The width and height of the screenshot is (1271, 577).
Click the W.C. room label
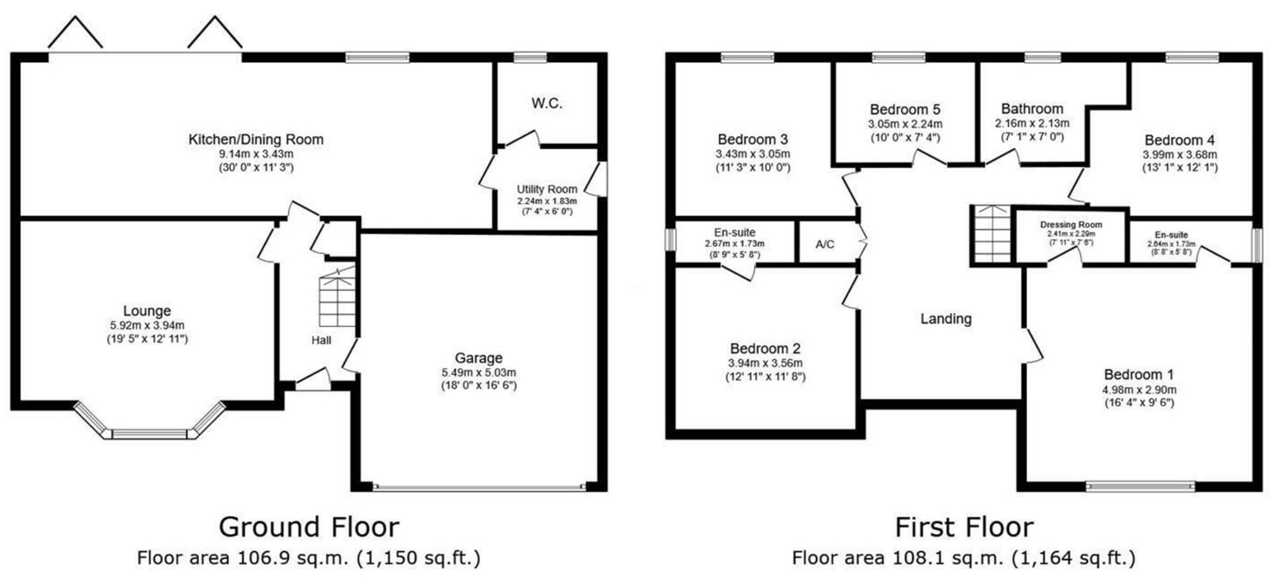[547, 103]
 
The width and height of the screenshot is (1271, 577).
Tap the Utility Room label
[547, 189]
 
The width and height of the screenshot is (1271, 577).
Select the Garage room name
[479, 358]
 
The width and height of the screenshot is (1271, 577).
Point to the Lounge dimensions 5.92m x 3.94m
[147, 326]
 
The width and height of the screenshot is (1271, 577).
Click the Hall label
[321, 340]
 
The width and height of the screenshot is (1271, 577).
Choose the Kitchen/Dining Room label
[255, 139]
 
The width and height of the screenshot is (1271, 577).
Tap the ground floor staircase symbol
[337, 297]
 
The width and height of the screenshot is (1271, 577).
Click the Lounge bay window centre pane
[150, 434]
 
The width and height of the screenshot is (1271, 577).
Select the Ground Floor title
[309, 527]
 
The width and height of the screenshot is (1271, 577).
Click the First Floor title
[964, 527]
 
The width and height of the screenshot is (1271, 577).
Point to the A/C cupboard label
[825, 244]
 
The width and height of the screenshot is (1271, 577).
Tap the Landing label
[946, 319]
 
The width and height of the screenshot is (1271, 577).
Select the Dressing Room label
[1071, 225]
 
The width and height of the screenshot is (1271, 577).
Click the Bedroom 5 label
[905, 110]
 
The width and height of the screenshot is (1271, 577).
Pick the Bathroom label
[1032, 109]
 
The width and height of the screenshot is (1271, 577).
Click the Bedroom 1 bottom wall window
[1140, 487]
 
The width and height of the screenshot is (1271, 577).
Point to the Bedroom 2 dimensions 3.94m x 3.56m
[765, 363]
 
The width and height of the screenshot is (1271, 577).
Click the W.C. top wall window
[530, 58]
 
